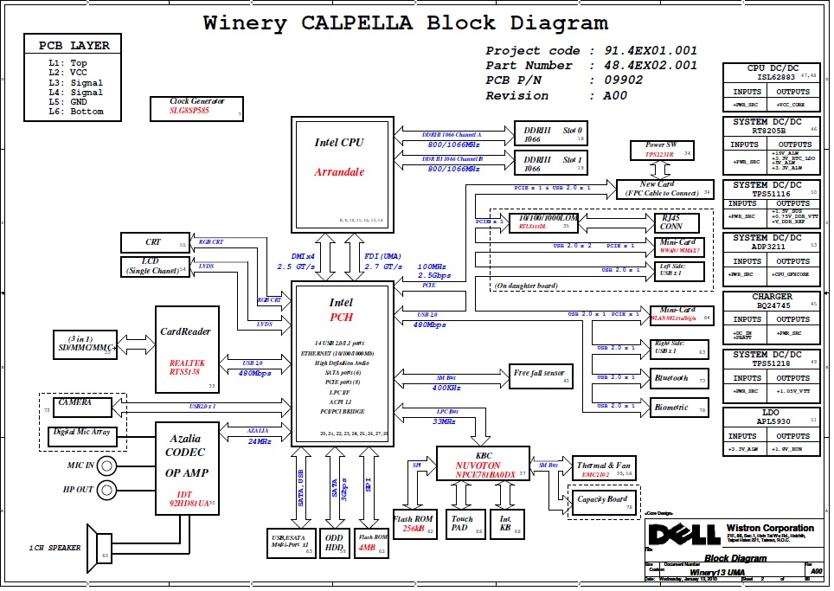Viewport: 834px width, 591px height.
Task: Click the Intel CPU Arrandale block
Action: tap(339, 172)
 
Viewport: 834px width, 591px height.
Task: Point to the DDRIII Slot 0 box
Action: tap(550, 132)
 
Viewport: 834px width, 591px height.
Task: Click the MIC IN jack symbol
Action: tap(107, 466)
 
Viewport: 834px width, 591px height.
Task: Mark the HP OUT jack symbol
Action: tap(107, 490)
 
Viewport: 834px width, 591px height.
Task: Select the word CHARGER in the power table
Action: tap(772, 297)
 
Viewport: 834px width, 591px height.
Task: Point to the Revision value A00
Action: tap(615, 95)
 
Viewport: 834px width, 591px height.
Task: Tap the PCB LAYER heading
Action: tap(74, 46)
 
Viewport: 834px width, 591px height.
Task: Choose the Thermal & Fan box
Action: tap(605, 468)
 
